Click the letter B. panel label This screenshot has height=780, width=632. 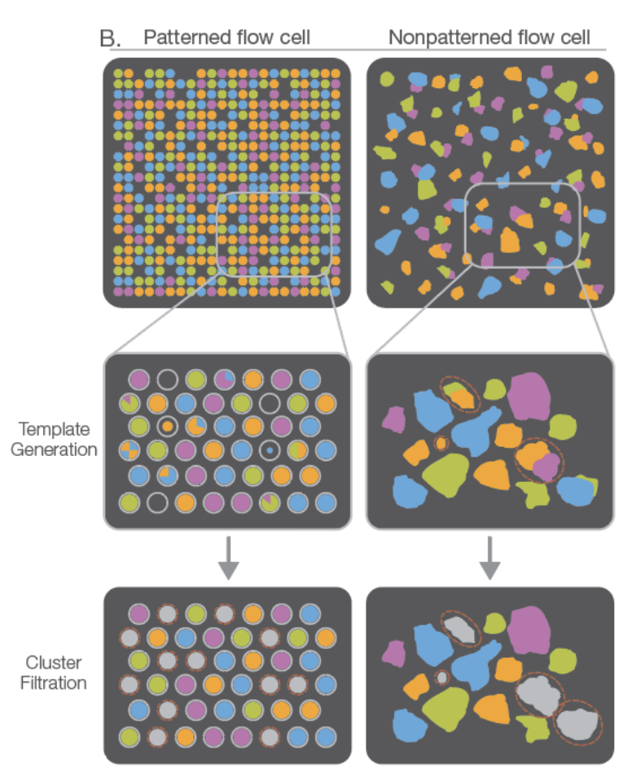point(110,37)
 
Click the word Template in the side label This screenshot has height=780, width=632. point(54,429)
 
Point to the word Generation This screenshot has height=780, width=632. point(54,448)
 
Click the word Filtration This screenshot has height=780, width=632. point(55,682)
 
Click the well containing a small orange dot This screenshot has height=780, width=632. point(168,426)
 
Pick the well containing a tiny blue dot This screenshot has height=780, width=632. point(269,449)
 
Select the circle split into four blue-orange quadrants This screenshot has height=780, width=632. point(129,449)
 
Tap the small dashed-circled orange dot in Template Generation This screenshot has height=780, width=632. point(441,444)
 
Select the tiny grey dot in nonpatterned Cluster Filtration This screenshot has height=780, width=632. point(441,677)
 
